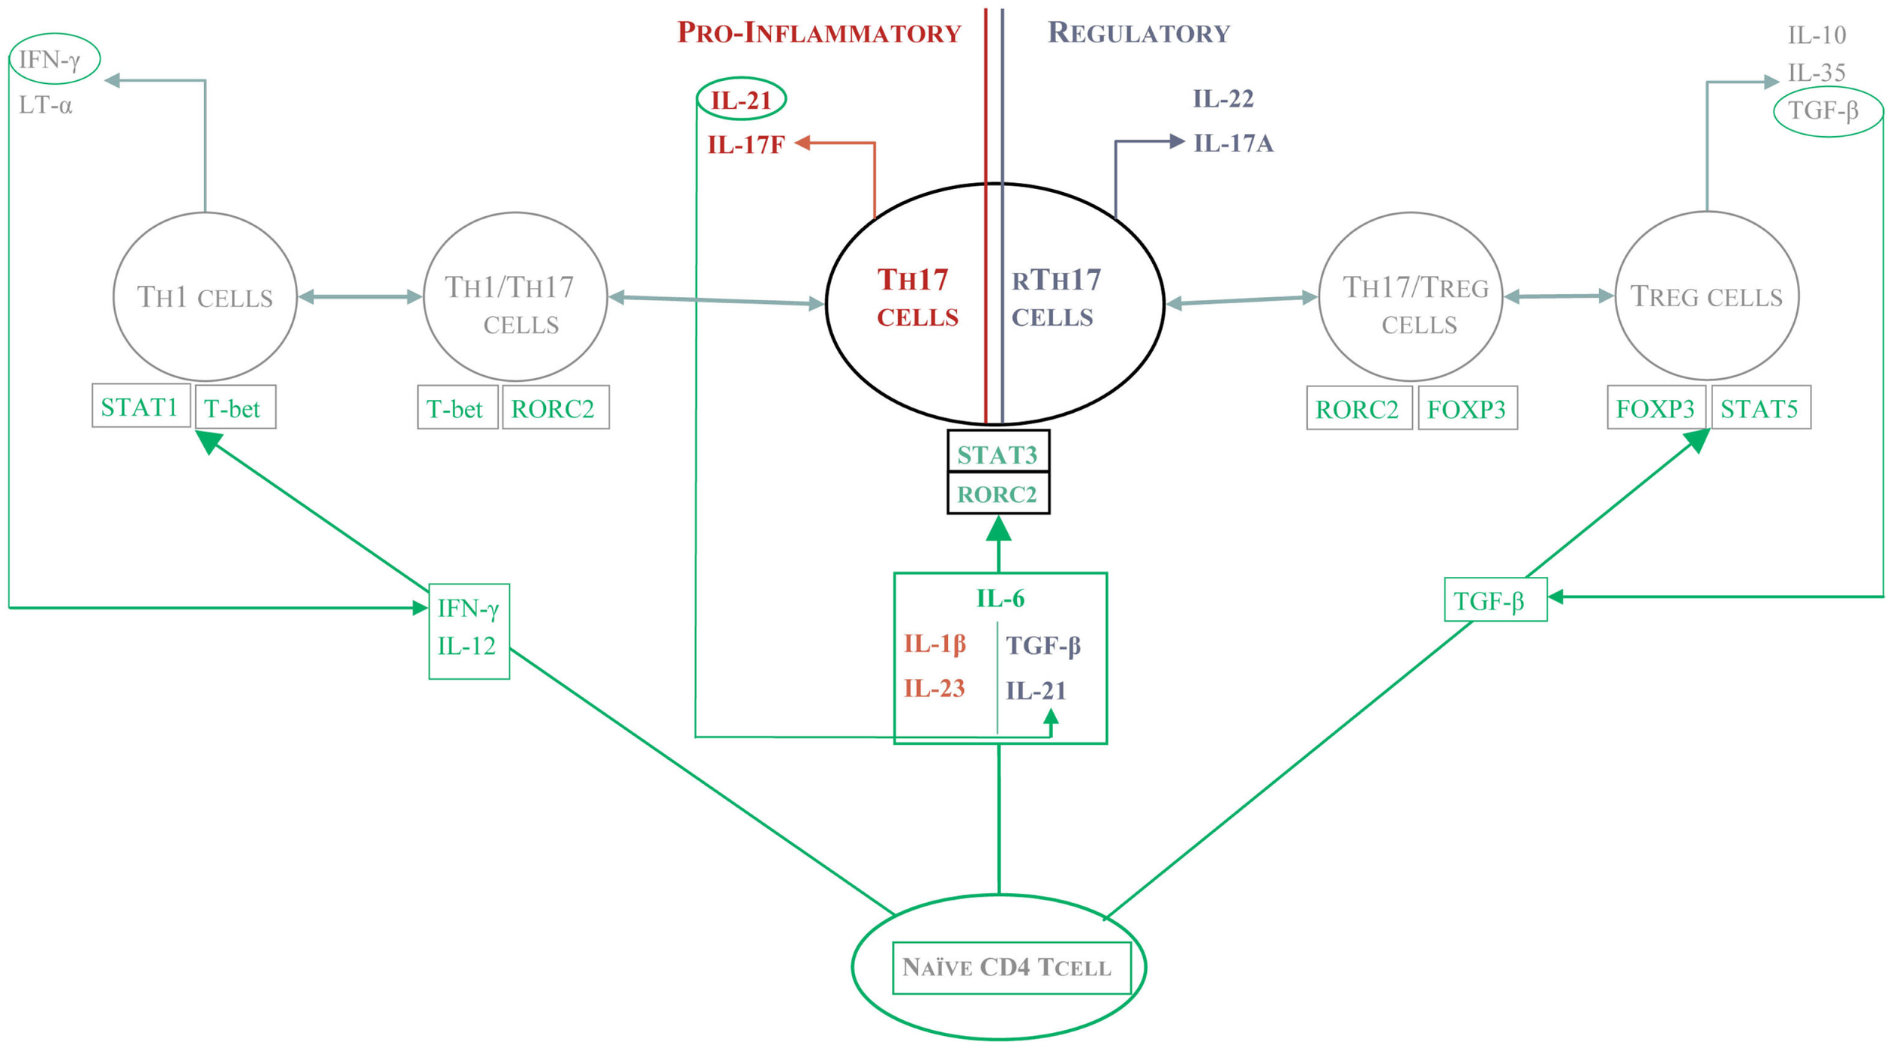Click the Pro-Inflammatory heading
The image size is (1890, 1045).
[x=819, y=33]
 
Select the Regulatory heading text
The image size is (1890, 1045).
[x=1139, y=33]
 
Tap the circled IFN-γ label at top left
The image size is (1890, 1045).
[x=53, y=59]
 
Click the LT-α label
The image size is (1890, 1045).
[x=45, y=106]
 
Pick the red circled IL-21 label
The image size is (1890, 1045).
[x=741, y=100]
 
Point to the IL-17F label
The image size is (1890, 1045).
[x=745, y=144]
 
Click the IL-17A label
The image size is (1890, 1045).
[x=1233, y=143]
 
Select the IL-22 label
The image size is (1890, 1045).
[x=1223, y=98]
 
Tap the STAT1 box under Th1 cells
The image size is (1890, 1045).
[x=140, y=408]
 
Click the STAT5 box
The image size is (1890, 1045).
[x=1759, y=409]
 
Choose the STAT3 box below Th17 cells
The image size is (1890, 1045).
[x=997, y=454]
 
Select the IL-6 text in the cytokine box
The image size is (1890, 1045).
[x=1000, y=599]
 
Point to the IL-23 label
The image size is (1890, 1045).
[x=934, y=688]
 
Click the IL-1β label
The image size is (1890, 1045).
[x=935, y=643]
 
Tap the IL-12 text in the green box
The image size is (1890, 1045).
[x=466, y=647]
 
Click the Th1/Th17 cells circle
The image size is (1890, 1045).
[x=515, y=297]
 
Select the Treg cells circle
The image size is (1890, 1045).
[x=1706, y=296]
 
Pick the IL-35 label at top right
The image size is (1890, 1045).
[x=1816, y=73]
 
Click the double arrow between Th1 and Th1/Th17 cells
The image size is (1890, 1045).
[x=360, y=297]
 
